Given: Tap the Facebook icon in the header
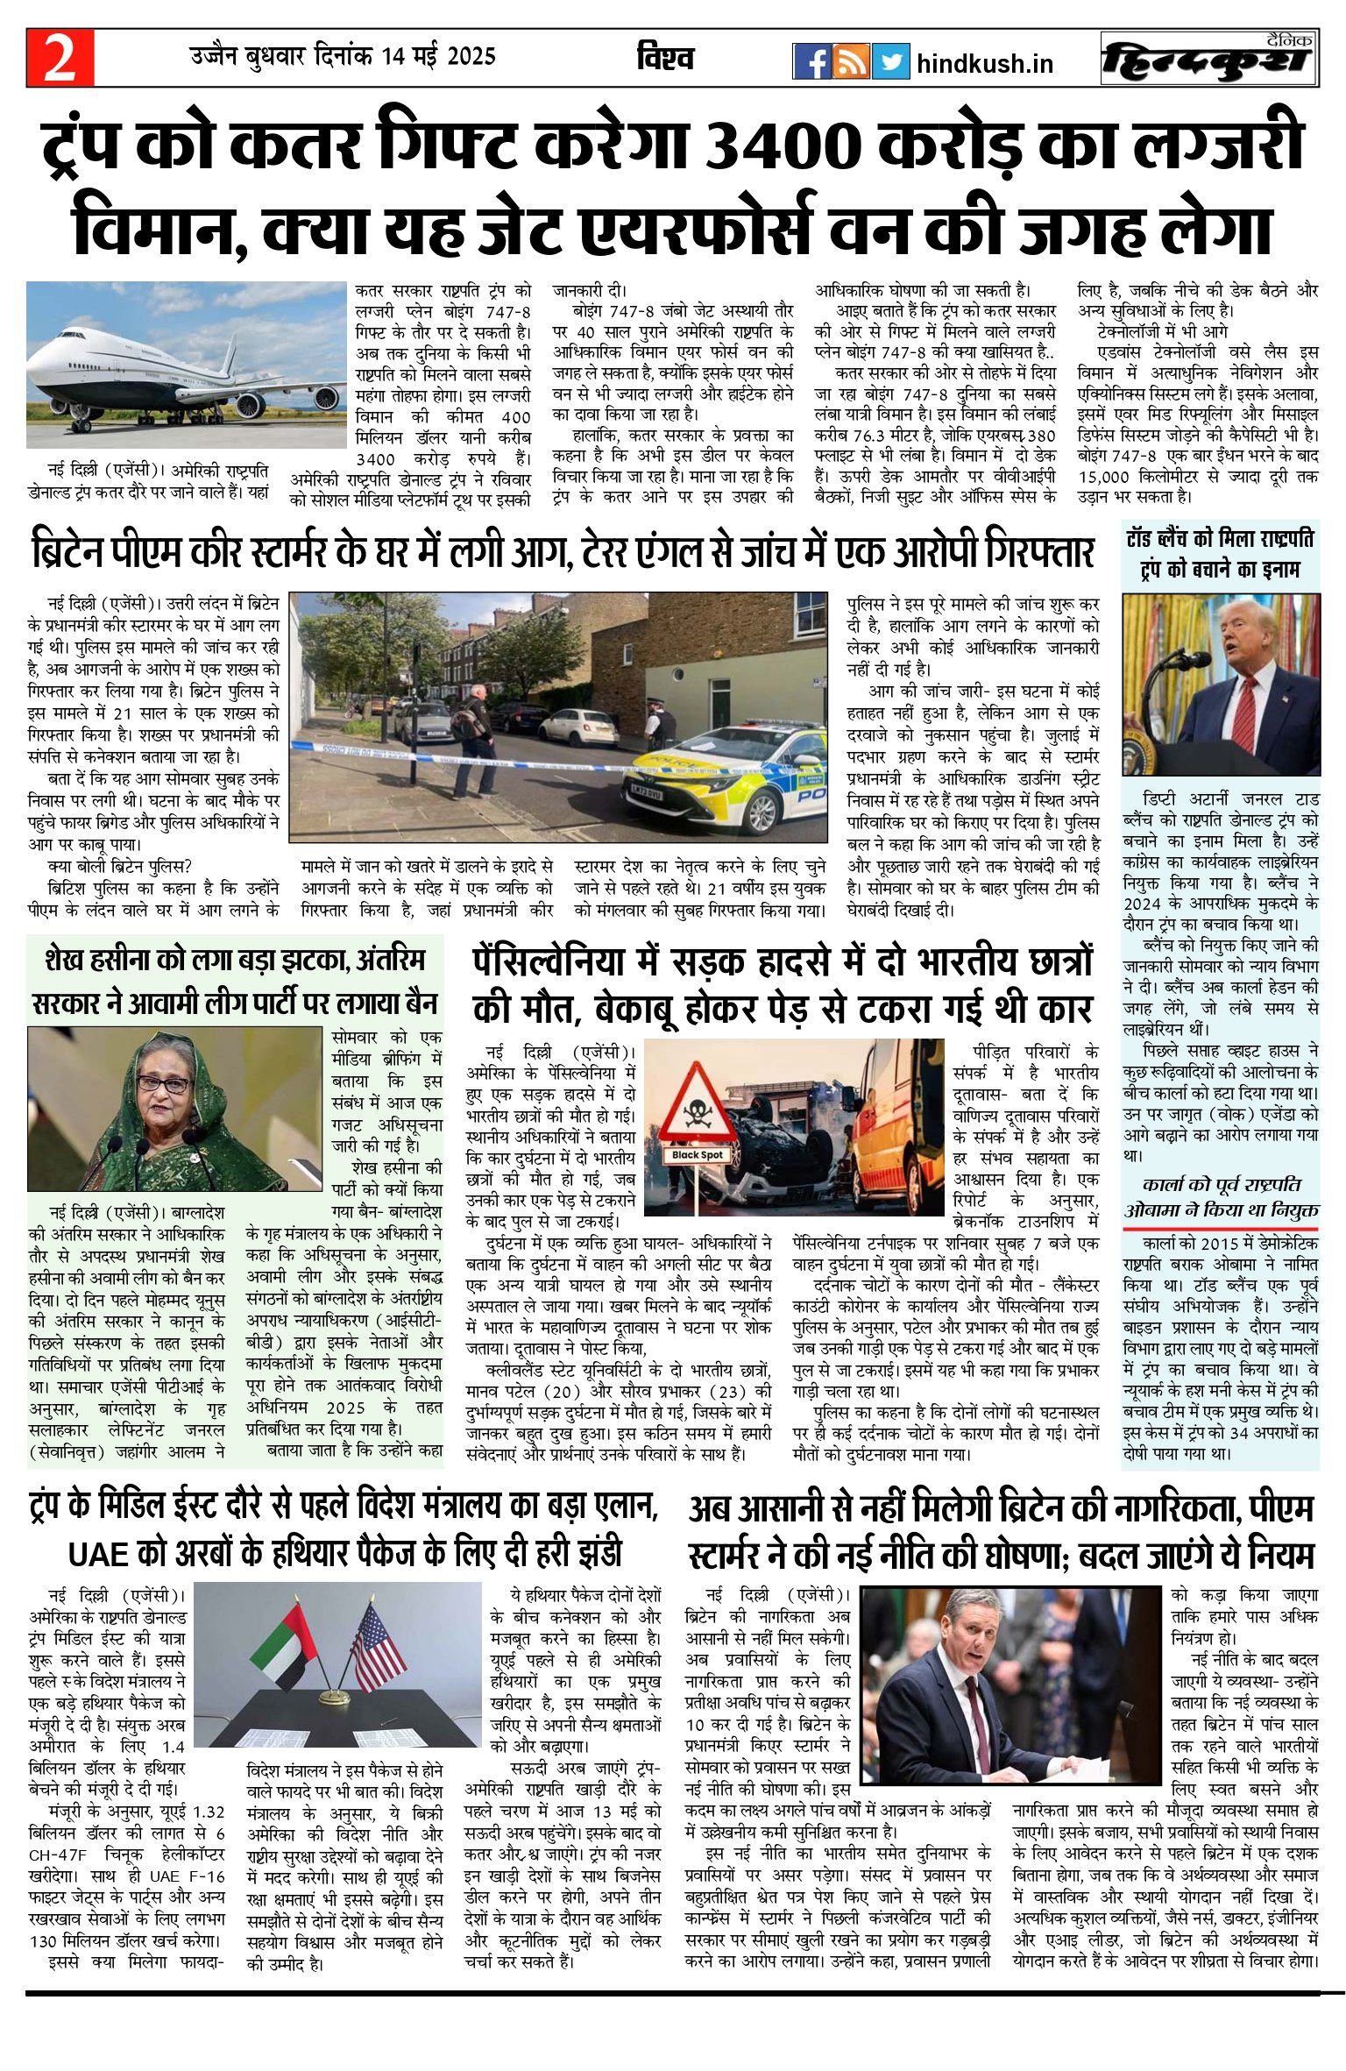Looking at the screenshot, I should pyautogui.click(x=811, y=61).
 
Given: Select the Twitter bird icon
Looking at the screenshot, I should pyautogui.click(x=890, y=61).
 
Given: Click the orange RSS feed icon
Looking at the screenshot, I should pyautogui.click(x=851, y=61).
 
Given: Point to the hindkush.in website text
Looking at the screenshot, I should pyautogui.click(x=984, y=64).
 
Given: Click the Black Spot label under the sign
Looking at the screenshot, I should pyautogui.click(x=698, y=1155).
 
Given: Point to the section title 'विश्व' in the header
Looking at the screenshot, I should pyautogui.click(x=665, y=58).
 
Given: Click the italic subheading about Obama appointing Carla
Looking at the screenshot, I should pyautogui.click(x=1221, y=1197).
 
